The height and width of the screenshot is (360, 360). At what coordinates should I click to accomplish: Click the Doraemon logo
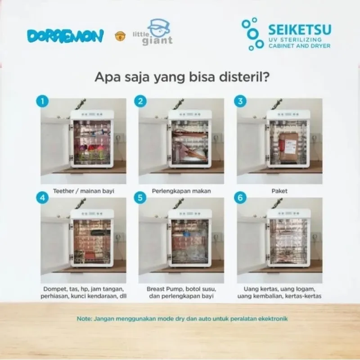(65, 36)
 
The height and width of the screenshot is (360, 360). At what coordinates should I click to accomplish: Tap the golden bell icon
(120, 36)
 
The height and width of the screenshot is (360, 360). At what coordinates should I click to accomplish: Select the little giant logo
(153, 32)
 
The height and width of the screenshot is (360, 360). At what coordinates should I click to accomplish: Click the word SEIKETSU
(300, 29)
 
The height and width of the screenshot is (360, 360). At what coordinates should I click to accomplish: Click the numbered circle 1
(42, 101)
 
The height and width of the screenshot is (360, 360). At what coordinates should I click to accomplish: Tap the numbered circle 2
(140, 101)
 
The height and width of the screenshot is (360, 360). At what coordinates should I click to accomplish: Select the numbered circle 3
(240, 101)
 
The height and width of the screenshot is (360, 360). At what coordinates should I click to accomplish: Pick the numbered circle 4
(42, 198)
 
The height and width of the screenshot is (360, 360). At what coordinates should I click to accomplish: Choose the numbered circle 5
(140, 198)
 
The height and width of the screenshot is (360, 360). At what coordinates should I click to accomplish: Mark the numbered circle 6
(240, 198)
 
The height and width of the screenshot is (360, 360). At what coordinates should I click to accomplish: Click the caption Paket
(279, 191)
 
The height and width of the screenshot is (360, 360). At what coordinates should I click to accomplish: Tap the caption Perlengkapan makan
(181, 191)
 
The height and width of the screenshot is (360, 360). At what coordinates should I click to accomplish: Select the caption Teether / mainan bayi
(84, 191)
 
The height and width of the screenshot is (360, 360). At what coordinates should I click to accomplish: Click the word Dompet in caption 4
(53, 289)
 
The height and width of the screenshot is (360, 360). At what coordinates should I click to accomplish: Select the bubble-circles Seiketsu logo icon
(252, 34)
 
